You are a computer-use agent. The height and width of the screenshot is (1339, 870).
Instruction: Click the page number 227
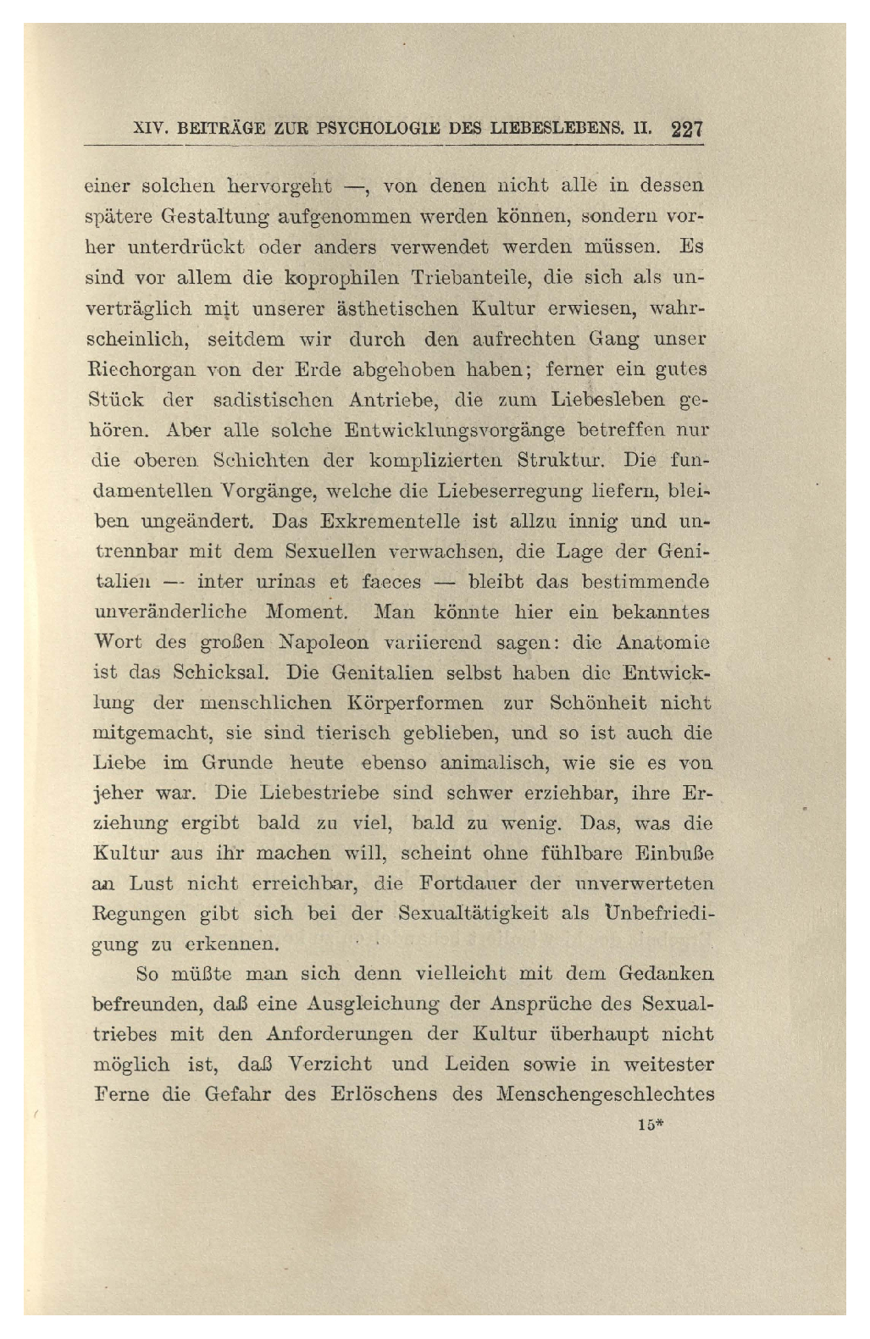coord(687,130)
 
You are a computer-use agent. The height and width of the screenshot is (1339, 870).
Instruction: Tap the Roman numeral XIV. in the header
coord(152,130)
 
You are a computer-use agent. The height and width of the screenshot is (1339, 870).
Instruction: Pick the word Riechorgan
coord(141,369)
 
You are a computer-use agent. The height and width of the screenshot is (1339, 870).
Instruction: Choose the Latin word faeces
coord(391,582)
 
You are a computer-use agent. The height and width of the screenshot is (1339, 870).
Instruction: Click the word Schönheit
coord(597,703)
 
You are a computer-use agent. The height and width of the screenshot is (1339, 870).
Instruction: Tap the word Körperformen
coord(415,703)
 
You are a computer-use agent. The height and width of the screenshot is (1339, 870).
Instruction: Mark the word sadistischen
coord(273,400)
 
